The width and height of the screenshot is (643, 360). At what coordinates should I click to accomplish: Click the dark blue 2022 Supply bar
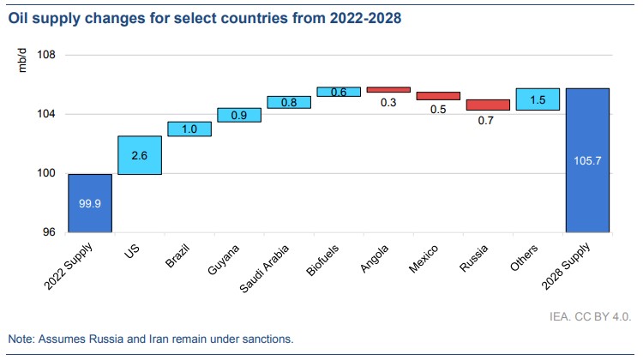coord(90,203)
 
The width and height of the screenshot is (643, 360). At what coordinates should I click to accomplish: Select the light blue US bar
coord(140,155)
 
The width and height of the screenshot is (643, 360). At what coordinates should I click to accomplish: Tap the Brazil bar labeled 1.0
coord(189,129)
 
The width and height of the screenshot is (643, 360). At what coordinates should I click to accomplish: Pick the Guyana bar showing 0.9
coord(239,115)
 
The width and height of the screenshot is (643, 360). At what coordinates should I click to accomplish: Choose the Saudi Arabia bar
coord(289,102)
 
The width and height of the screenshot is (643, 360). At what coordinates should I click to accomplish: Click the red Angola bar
coord(388,89)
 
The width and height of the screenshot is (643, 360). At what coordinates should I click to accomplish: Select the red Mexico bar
coord(438,95)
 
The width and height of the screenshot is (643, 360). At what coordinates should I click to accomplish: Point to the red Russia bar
coord(488,105)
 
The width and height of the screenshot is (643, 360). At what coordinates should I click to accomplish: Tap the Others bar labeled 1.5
coord(538,99)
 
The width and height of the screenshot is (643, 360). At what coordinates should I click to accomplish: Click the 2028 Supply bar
coord(587,160)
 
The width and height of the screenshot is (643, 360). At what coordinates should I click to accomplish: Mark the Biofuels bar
coord(339,92)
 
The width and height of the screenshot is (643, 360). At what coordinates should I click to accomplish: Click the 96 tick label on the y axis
coord(49,232)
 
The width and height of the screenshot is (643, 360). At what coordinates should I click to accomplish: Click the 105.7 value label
coord(587,159)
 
